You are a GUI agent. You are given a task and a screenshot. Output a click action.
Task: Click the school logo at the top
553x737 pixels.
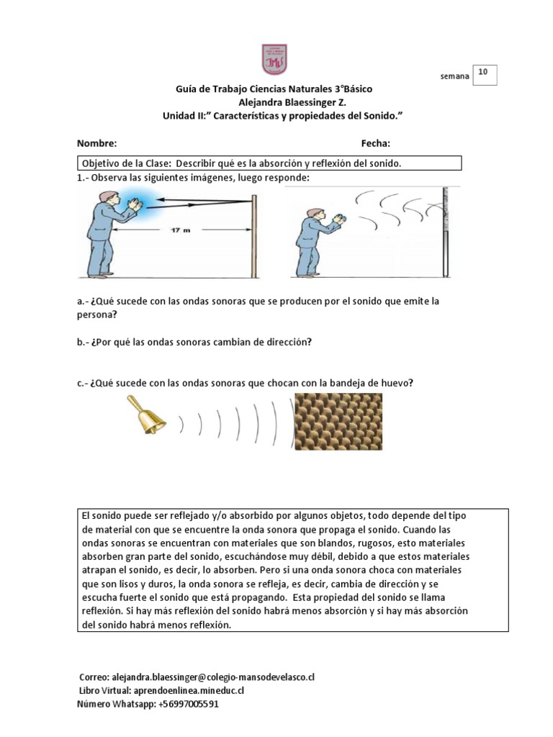coord(274,58)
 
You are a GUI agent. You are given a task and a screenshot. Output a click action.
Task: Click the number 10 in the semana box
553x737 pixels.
coord(482,72)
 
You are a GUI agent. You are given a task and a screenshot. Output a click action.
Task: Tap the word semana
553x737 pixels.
coord(454,76)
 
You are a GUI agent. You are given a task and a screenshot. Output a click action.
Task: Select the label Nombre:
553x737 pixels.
coord(96,143)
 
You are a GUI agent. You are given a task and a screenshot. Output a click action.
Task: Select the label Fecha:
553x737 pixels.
coord(376,143)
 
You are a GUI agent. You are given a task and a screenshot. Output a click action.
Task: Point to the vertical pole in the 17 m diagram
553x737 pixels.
coord(253,230)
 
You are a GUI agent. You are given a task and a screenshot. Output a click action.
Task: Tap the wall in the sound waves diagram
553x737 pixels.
coord(446,230)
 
